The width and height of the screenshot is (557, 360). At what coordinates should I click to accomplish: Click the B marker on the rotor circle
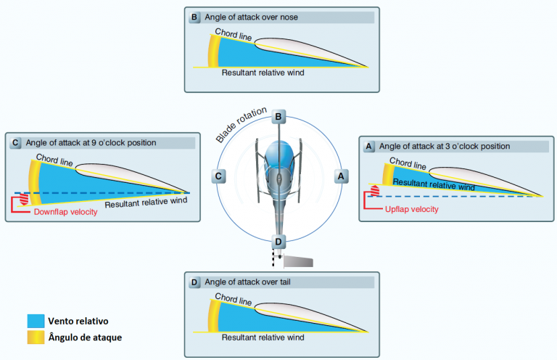tap(278, 117)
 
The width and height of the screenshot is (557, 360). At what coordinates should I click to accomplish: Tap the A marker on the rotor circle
tap(339, 175)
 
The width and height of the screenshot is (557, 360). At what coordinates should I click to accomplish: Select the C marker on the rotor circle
tap(218, 175)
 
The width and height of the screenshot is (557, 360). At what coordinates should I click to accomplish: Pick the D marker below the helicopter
tap(278, 241)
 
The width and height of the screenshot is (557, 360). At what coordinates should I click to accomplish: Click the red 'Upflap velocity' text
tap(411, 209)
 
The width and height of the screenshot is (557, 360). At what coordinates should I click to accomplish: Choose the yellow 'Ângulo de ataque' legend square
tap(33, 337)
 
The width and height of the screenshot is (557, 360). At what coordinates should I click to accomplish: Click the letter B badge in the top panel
tap(194, 17)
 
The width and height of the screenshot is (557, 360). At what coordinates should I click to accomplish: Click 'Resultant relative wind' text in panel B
tap(262, 73)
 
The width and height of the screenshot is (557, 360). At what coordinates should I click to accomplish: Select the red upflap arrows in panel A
tap(375, 191)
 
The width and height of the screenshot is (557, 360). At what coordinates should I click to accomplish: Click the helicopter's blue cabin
tap(278, 156)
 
